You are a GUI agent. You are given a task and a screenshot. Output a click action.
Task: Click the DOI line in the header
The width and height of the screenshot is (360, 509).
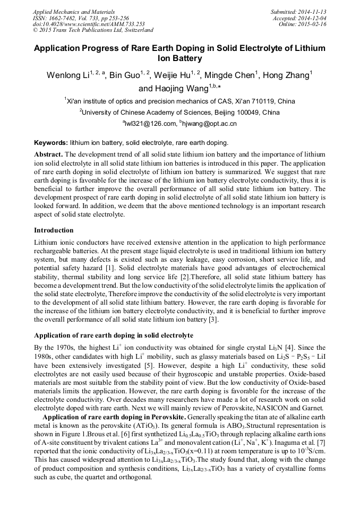[89, 24]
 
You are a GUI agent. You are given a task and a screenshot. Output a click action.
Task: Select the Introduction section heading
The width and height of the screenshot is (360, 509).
[54, 230]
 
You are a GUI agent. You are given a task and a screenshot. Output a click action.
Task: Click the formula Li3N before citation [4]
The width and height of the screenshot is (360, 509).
[289, 347]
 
